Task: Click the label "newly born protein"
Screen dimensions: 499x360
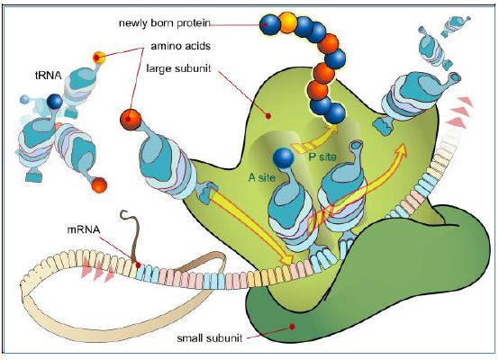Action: point(165,23)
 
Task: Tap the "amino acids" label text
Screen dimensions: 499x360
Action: point(180,46)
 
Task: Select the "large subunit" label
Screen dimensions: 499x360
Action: point(178,68)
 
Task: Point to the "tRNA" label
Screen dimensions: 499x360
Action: point(48,76)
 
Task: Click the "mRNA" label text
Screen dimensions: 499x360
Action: point(84,229)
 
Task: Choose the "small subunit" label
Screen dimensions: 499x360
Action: point(209,337)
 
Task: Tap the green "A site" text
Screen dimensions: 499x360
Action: point(262,177)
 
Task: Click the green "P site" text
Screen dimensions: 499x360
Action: point(322,157)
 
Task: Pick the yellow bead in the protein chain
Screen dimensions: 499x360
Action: point(287,22)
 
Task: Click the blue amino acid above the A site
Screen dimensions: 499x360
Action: point(283,158)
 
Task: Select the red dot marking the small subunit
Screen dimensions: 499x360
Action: point(292,327)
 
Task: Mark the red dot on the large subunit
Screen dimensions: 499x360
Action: point(268,116)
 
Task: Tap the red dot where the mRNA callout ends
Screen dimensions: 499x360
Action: point(138,265)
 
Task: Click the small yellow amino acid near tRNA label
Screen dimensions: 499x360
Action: point(99,58)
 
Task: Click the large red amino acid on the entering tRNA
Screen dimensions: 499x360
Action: point(131,120)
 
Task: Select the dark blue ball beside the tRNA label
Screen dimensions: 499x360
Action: point(55,102)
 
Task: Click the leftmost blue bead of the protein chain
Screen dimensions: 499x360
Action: point(269,24)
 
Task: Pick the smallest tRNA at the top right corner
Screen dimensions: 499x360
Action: point(457,25)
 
